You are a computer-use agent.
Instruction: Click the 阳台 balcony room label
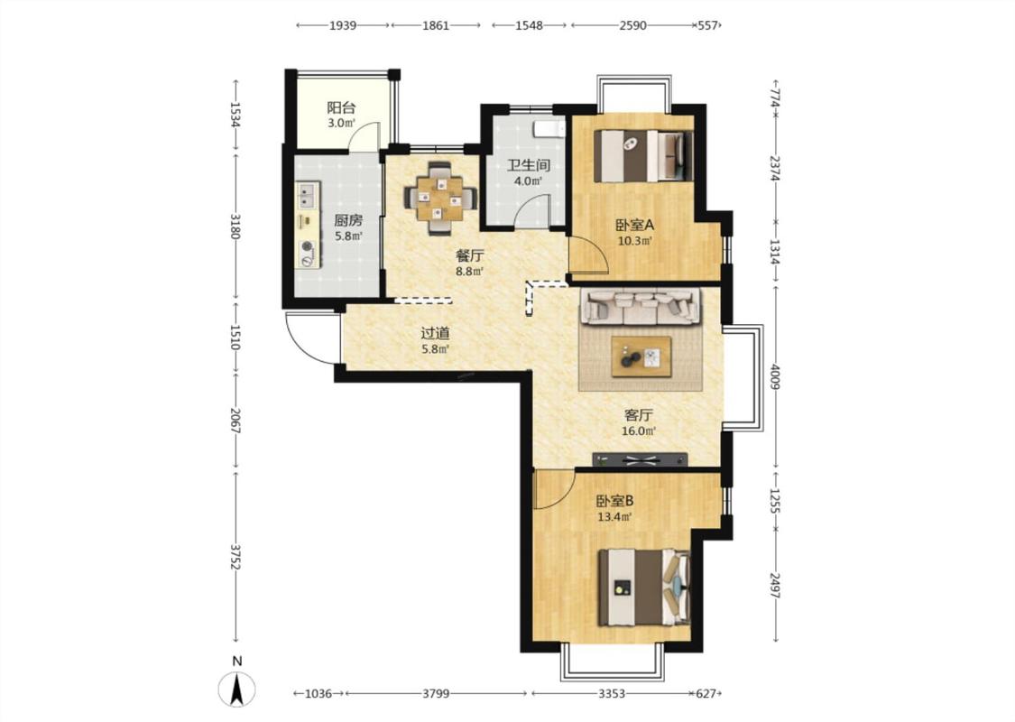pos(341,107)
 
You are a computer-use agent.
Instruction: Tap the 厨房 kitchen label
pos(348,220)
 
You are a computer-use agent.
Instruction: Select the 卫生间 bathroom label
pos(528,165)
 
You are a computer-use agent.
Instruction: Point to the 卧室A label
pos(635,226)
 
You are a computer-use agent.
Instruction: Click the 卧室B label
pos(614,501)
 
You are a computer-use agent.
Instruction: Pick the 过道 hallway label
pos(435,334)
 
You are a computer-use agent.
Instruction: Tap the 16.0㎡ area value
pos(640,430)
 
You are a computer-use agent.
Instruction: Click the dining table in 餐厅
pos(441,198)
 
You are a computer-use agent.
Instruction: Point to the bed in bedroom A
pos(643,156)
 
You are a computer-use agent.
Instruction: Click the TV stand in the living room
pos(641,459)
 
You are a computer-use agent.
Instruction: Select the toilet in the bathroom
pos(547,129)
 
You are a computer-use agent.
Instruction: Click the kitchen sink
pos(307,195)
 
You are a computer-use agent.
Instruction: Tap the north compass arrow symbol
pos(237,689)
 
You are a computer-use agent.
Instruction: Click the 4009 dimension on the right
pos(776,377)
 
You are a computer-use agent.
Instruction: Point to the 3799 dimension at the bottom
pos(436,693)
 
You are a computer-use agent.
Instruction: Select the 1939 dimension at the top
pos(343,25)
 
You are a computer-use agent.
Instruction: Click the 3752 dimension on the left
pos(235,556)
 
